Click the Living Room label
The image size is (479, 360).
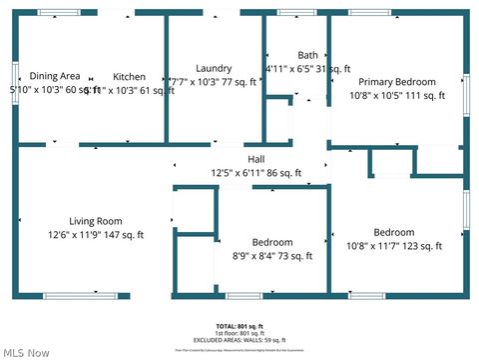(x=96, y=221)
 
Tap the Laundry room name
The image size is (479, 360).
(x=214, y=67)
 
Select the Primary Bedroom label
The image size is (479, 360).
(x=397, y=82)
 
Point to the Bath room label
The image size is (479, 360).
(x=307, y=55)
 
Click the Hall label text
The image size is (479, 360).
(x=256, y=159)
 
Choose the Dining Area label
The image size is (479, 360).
(x=55, y=76)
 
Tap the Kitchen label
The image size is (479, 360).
(x=129, y=76)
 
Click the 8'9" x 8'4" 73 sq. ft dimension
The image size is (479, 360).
(x=272, y=256)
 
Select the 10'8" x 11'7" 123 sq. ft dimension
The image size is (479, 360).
(x=394, y=246)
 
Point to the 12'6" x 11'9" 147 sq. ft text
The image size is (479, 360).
(x=96, y=235)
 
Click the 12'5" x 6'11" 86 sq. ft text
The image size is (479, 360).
(x=256, y=173)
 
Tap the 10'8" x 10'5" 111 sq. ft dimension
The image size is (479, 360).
(x=397, y=96)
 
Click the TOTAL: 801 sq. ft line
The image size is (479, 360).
(x=239, y=327)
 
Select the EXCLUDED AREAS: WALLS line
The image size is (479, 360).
(x=239, y=340)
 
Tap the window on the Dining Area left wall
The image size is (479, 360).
(x=15, y=76)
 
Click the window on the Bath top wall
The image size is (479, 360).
(x=296, y=12)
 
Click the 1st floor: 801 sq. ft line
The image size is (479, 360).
(x=239, y=333)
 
